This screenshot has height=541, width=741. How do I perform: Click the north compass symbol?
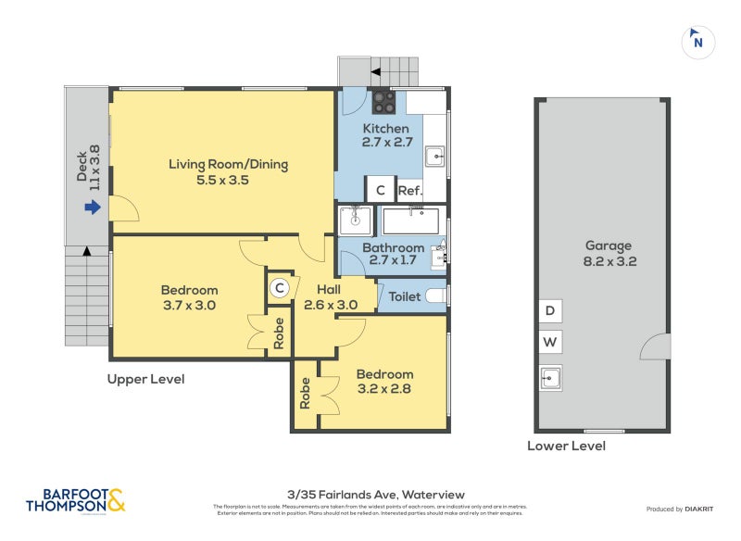click(698, 42)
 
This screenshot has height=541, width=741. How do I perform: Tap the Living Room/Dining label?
click(228, 172)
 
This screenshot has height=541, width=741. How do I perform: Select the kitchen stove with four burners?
click(384, 101)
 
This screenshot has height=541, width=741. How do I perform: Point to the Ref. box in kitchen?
click(409, 191)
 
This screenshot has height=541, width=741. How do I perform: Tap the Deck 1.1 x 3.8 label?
click(87, 169)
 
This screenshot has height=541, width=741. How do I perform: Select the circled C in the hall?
click(278, 289)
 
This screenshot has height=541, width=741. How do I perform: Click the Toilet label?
click(405, 297)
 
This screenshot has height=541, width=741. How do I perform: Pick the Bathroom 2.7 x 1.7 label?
click(393, 254)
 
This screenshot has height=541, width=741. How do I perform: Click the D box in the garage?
click(549, 311)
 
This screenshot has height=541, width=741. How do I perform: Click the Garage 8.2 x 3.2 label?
click(608, 253)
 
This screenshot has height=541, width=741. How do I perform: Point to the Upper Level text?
click(145, 379)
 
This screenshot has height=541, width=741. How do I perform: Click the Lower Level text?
click(566, 446)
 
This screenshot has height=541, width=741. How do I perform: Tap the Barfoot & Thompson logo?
click(75, 500)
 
